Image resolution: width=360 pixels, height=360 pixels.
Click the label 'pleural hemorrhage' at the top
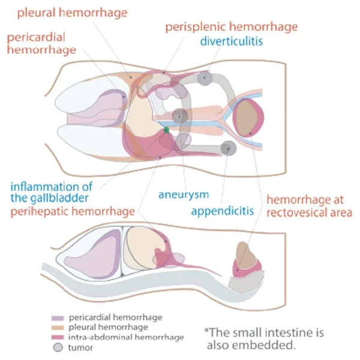(85, 11)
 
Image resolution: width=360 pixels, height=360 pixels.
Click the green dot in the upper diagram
(166, 130)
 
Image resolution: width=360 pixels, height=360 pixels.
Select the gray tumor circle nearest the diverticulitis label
(205, 78)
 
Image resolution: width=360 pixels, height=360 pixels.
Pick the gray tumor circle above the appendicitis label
(227, 148)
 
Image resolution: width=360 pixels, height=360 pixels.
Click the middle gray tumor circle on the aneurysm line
(179, 116)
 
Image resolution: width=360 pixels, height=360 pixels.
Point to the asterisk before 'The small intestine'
(207, 331)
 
